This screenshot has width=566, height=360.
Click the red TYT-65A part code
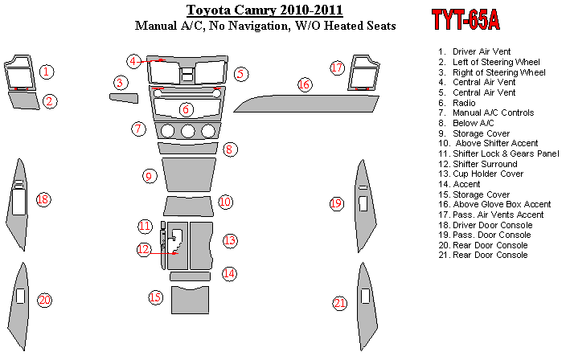pyautogui.click(x=466, y=19)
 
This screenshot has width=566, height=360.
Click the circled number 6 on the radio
pyautogui.click(x=186, y=109)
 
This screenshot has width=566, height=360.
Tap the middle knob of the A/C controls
pyautogui.click(x=187, y=131)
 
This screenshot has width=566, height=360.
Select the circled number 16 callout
pyautogui.click(x=304, y=84)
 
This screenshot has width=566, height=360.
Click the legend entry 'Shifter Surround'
pyautogui.click(x=478, y=164)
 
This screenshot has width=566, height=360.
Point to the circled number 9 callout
pyautogui.click(x=149, y=177)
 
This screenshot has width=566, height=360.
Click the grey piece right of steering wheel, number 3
pyautogui.click(x=124, y=98)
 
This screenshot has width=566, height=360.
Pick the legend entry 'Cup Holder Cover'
pyautogui.click(x=481, y=174)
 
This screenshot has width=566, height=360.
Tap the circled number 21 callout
pyautogui.click(x=339, y=304)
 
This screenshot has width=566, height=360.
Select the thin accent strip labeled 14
pyautogui.click(x=191, y=276)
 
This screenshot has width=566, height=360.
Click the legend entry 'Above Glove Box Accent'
pyautogui.click(x=494, y=205)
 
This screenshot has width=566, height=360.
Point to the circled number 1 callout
pyautogui.click(x=47, y=72)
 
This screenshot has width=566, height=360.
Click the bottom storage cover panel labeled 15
pyautogui.click(x=191, y=300)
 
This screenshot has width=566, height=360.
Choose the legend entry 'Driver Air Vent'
pyautogui.click(x=474, y=51)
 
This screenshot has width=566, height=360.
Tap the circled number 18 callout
pyautogui.click(x=43, y=199)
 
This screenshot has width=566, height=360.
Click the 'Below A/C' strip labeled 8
pyautogui.click(x=188, y=148)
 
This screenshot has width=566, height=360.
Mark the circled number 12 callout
pyautogui.click(x=144, y=249)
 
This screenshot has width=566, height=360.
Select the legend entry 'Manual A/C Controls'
pyautogui.click(x=486, y=113)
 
